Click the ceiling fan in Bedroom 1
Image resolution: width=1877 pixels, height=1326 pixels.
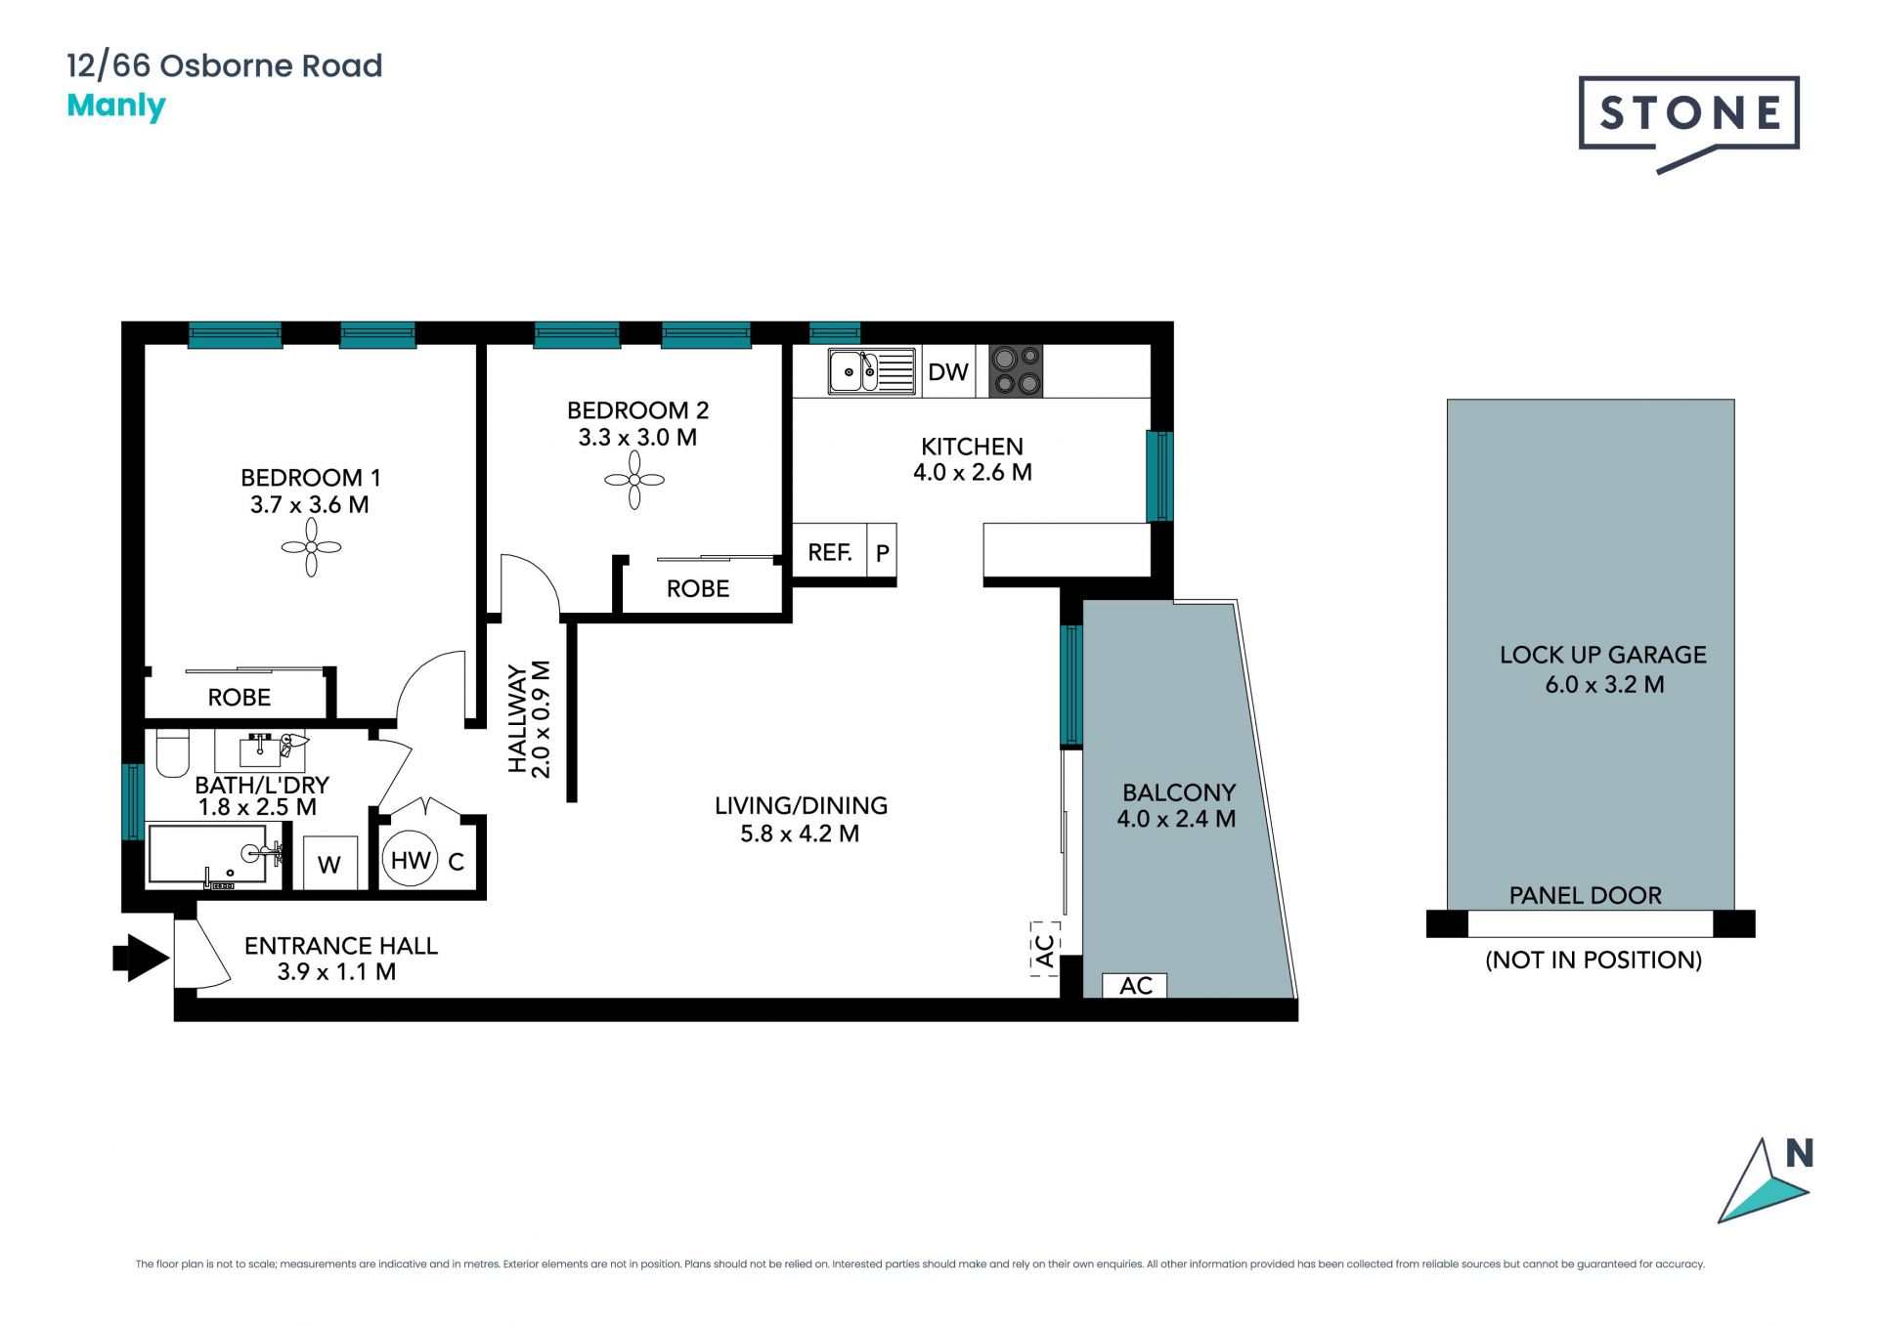311,547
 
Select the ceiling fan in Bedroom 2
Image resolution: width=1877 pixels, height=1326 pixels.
634,480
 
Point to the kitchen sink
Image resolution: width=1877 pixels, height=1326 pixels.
871,371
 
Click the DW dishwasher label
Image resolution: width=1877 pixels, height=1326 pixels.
948,372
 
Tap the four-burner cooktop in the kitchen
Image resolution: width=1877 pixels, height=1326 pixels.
1016,371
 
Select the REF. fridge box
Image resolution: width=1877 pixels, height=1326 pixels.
830,553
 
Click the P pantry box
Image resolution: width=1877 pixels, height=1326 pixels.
883,553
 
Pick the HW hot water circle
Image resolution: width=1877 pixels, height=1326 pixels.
411,860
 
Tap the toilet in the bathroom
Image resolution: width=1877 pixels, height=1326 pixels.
173,752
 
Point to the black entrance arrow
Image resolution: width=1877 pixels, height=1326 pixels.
142,958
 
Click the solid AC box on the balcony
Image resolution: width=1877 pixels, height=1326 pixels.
1135,986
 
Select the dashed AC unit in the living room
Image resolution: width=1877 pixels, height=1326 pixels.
1045,949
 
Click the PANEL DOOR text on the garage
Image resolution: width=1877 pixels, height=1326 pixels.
1586,895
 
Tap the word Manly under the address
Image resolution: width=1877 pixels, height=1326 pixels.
116,106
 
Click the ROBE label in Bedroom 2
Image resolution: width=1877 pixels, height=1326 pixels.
698,589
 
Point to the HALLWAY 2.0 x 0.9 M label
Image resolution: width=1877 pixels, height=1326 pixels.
529,719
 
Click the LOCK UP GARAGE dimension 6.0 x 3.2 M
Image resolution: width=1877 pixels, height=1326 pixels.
1604,685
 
